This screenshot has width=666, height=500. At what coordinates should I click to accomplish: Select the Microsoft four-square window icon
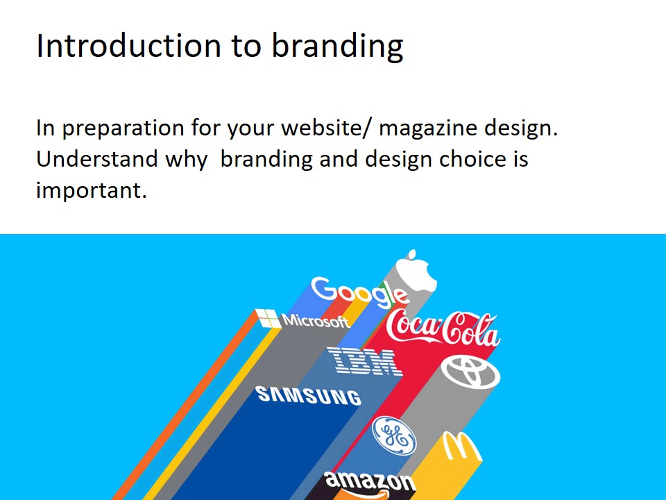pyautogui.click(x=267, y=319)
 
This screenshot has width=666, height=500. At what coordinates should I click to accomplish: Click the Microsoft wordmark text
pyautogui.click(x=316, y=321)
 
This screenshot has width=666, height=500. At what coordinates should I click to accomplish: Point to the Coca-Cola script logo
pyautogui.click(x=443, y=328)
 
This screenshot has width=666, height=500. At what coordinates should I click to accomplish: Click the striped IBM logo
pyautogui.click(x=364, y=361)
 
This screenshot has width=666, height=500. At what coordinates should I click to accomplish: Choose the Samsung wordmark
pyautogui.click(x=309, y=395)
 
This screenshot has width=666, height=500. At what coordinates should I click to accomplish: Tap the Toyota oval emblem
pyautogui.click(x=471, y=372)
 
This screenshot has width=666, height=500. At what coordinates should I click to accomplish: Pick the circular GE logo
pyautogui.click(x=394, y=436)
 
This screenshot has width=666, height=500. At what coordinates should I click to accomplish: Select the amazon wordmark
pyautogui.click(x=370, y=481)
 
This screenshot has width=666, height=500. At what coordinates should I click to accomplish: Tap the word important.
pyautogui.click(x=92, y=190)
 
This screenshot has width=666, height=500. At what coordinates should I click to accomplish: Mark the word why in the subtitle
pyautogui.click(x=186, y=160)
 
